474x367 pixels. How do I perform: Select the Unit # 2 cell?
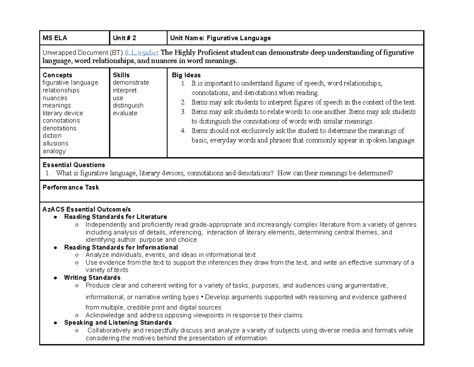tap(124, 38)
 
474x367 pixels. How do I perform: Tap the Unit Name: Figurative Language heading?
tap(220, 38)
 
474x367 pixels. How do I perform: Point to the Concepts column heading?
tap(57, 75)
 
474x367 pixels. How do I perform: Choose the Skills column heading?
tap(121, 75)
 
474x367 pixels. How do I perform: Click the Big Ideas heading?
tap(186, 75)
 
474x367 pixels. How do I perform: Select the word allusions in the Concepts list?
tap(55, 143)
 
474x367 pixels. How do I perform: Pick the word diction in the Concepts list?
tap(52, 136)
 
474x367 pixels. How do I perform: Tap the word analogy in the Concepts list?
tap(54, 151)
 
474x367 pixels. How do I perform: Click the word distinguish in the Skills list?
tap(128, 105)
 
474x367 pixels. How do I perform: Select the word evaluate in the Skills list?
tap(125, 113)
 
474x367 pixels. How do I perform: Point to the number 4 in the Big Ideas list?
tap(183, 131)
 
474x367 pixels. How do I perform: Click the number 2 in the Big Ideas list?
tap(183, 103)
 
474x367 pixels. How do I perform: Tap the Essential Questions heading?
tap(74, 165)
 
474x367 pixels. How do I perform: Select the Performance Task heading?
tap(71, 187)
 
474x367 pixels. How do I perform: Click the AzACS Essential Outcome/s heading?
tap(87, 209)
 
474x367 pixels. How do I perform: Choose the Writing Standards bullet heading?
tap(92, 278)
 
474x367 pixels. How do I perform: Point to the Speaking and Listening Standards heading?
tap(118, 323)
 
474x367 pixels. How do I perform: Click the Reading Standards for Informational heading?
tap(121, 247)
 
